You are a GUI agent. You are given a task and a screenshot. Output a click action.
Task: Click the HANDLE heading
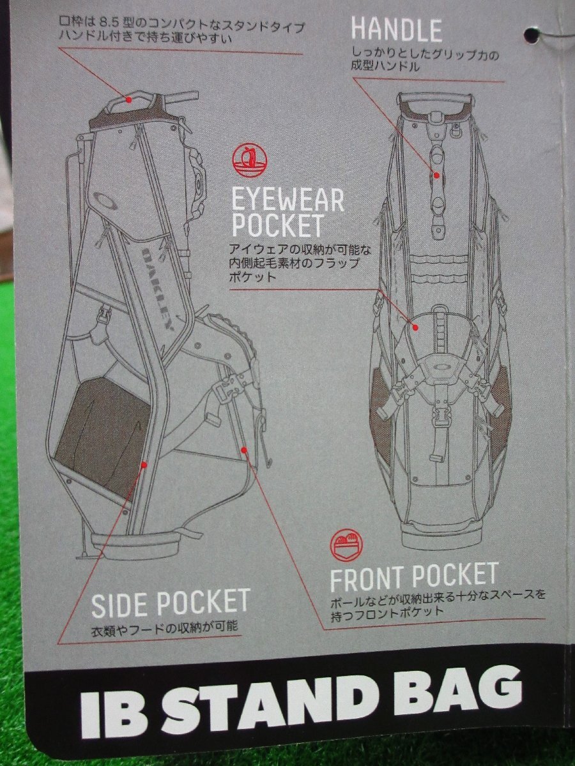point(396,30)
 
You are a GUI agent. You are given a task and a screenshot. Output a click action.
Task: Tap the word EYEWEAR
point(287,200)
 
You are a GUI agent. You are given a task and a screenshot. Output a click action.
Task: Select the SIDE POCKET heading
point(170,603)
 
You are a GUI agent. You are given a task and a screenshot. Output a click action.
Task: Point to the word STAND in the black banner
point(258,702)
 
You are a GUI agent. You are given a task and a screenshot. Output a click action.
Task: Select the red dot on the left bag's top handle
point(128,99)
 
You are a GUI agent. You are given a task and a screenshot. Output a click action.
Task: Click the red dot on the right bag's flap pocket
point(416,327)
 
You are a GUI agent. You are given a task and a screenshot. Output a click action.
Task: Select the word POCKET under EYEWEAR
point(277,226)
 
